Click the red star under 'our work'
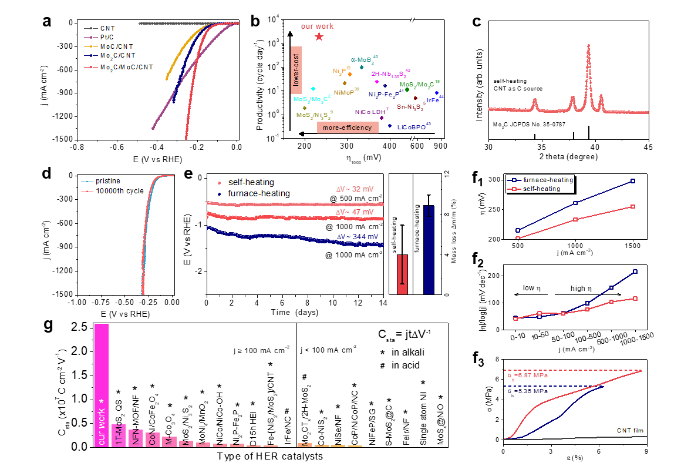319,36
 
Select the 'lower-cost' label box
296,69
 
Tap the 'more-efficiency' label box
348,128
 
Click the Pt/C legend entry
106,37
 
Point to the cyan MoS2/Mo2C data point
313,88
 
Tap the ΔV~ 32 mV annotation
355,189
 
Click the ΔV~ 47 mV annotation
355,212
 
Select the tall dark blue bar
429,249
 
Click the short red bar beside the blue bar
402,274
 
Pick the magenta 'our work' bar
101,385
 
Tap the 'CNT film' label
630,430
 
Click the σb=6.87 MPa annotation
528,375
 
